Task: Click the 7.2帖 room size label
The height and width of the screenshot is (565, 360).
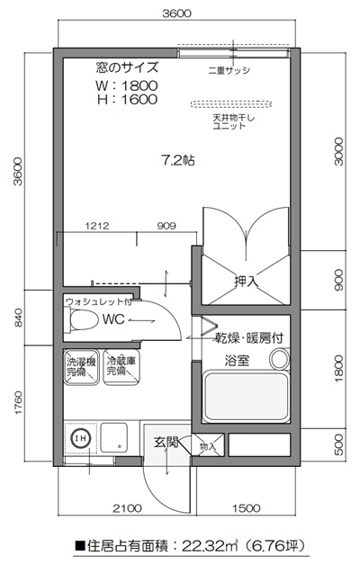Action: (x=177, y=162)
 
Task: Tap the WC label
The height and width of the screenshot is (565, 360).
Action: (x=112, y=318)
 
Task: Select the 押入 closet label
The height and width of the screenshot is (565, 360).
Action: (x=246, y=282)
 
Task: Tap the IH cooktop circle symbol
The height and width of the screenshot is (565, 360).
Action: (x=79, y=438)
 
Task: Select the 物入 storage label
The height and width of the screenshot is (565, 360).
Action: (x=208, y=445)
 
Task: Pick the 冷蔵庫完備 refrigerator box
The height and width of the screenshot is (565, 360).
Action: (x=119, y=365)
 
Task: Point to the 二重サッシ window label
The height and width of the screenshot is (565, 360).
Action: (x=229, y=69)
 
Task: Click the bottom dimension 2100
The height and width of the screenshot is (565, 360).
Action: (x=127, y=508)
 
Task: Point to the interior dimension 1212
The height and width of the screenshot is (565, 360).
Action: (x=97, y=226)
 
